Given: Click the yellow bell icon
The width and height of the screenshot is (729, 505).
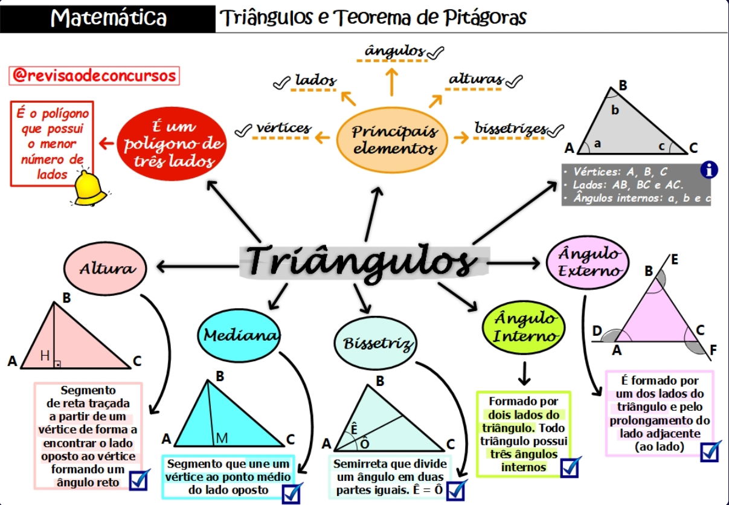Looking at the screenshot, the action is (89, 188).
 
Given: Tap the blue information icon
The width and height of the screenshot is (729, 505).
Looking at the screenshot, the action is (710, 170).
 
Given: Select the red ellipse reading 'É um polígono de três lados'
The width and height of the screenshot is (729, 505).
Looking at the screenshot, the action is (172, 144).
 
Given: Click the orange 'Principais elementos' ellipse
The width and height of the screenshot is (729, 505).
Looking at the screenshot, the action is (392, 140).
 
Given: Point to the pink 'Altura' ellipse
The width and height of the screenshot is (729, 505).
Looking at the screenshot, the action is (105, 269).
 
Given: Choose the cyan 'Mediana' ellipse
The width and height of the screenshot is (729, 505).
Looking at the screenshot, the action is (239, 336).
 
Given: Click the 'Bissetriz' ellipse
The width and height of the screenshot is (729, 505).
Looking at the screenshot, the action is (376, 343).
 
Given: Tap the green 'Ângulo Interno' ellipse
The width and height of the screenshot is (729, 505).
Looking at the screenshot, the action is (524, 327).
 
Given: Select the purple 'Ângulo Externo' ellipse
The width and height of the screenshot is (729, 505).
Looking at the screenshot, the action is (588, 262).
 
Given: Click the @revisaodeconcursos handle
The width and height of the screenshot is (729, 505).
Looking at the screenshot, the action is (94, 76).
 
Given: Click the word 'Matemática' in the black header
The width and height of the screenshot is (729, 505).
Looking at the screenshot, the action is (109, 18).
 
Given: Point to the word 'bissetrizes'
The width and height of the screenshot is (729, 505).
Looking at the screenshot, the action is (510, 128).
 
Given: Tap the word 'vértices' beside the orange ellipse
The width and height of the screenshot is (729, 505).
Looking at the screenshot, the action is (283, 127).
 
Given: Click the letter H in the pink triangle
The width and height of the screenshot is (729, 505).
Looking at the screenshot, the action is (45, 356).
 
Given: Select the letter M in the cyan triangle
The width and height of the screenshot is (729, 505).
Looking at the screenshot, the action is (222, 439).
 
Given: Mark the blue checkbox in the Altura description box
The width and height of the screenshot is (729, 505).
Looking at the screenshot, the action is (140, 480).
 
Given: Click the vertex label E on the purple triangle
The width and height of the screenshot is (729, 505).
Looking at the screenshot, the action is (675, 260).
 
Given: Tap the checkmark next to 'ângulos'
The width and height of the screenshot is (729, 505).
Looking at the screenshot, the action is (435, 53).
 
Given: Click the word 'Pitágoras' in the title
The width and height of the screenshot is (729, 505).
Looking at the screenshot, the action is (485, 17).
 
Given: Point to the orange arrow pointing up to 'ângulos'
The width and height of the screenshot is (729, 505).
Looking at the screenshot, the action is (392, 82).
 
